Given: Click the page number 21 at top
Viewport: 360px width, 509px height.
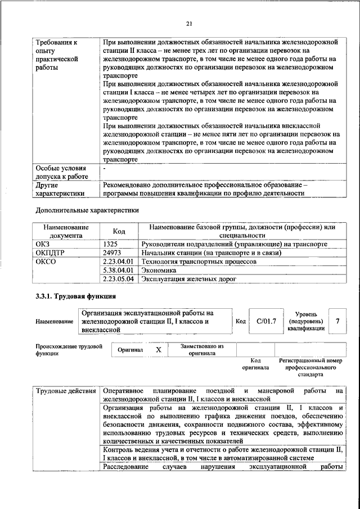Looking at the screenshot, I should point(189,22).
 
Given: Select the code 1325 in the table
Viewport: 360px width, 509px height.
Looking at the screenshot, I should point(111,244).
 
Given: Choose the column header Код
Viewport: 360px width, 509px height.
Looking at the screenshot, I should point(119,231).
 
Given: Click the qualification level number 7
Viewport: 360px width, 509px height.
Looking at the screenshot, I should point(337,321).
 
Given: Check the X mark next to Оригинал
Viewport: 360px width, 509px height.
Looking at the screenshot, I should point(159,349).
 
